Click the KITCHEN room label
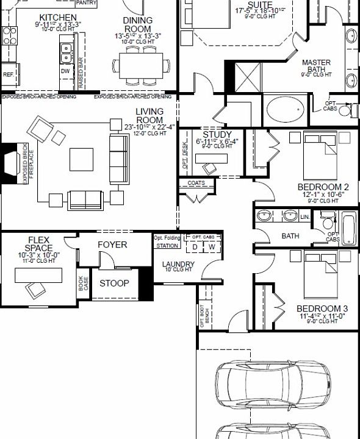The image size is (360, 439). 57,18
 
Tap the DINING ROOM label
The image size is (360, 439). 138,24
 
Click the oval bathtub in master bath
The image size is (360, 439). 284,109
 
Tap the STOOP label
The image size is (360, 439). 114,283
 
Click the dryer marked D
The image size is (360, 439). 195,247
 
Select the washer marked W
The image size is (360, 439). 212,247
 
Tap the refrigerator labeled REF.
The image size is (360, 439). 8,74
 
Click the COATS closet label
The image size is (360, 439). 196,183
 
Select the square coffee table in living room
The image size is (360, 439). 81,160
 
